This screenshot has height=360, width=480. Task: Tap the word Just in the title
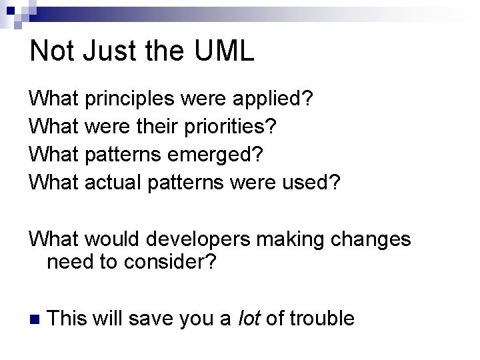pos(99,51)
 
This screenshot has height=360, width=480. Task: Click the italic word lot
pos(250,319)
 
